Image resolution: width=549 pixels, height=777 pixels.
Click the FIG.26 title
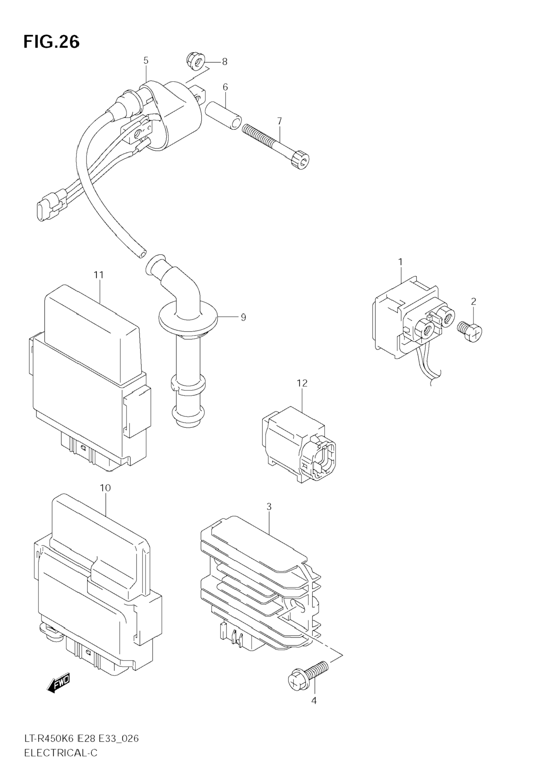coord(51,42)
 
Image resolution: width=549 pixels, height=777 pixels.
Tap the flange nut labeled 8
coord(195,61)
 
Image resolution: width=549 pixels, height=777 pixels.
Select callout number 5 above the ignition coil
coord(146,61)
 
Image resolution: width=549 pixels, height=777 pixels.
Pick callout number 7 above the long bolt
coord(280,121)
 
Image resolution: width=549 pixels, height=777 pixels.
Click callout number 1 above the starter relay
coord(400,262)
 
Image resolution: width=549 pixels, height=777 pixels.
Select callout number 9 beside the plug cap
coord(243,317)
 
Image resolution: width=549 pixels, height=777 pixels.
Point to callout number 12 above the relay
coord(302,383)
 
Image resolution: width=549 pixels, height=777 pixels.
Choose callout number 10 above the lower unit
coord(105,488)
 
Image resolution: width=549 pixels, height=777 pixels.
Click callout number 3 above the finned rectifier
coord(269,516)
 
